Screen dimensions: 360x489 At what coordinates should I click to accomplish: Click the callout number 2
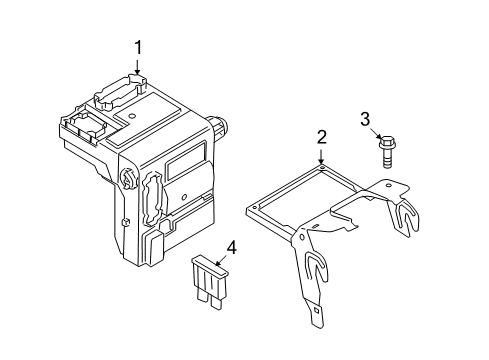coord(321,139)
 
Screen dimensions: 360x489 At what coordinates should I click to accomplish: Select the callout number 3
coord(366,120)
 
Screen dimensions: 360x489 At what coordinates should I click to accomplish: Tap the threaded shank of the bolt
coord(385,161)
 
